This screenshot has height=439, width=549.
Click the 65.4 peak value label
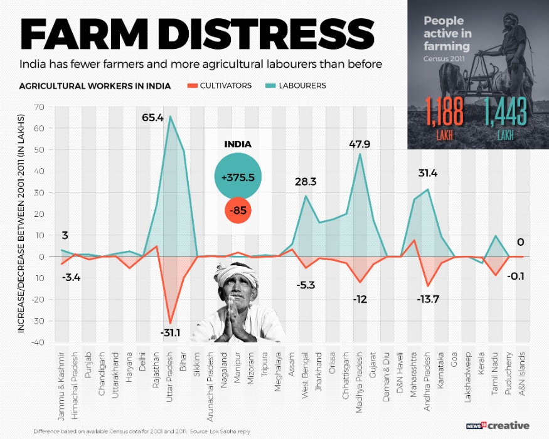[x=152, y=100]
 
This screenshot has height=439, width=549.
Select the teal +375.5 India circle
[x=238, y=177]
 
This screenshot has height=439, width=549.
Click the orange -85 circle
[x=238, y=211]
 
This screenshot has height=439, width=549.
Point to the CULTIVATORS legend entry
[x=221, y=85]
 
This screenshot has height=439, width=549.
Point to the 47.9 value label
[x=360, y=144]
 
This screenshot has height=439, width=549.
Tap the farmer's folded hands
[x=238, y=320]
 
